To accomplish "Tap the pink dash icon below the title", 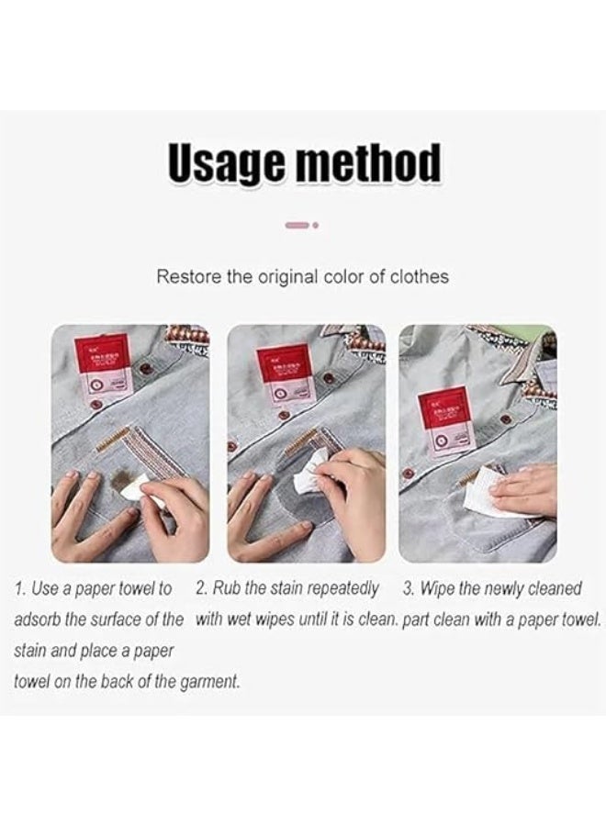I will click(297, 223).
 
